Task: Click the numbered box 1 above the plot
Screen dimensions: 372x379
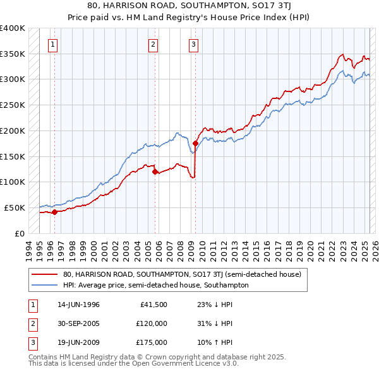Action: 52,44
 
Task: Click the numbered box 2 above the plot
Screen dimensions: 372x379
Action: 153,44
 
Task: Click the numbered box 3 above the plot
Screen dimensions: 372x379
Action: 193,44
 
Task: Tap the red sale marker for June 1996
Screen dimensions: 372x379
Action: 54,212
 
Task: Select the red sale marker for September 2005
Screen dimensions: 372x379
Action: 155,171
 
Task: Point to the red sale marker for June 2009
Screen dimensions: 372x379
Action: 195,143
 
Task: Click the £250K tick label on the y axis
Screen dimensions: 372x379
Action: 13,105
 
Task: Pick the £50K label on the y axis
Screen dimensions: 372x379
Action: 15,207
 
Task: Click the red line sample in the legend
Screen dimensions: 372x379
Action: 45,275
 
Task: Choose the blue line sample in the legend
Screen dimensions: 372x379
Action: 45,285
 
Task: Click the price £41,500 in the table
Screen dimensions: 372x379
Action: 153,305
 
